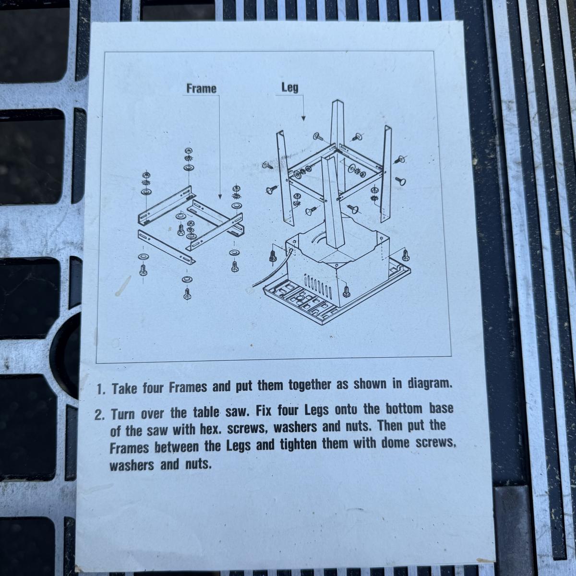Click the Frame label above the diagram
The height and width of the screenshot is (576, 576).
(x=201, y=88)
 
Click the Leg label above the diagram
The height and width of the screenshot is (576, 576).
(x=290, y=87)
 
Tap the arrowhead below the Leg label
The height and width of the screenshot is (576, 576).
(x=303, y=119)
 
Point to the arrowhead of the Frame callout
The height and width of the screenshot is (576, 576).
(x=220, y=197)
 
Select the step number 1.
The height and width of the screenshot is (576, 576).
(x=101, y=389)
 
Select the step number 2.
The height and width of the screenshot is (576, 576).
(x=99, y=416)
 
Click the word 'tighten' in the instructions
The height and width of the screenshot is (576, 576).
(x=298, y=444)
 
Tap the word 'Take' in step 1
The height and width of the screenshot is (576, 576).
(x=124, y=389)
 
